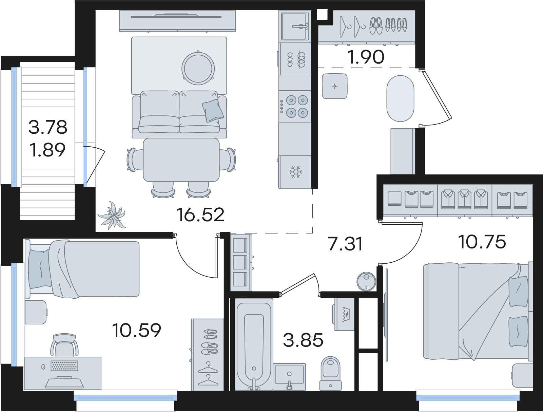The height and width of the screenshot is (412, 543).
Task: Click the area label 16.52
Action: (x=200, y=215)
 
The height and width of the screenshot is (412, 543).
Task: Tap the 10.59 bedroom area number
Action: (x=136, y=330)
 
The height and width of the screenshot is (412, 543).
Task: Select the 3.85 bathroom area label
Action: (x=303, y=340)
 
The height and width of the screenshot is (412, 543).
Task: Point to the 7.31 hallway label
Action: (x=345, y=244)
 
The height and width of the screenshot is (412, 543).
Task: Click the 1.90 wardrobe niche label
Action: (x=366, y=57)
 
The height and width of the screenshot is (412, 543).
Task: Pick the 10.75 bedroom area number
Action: (x=482, y=242)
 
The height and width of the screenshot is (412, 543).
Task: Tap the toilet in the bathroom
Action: (x=330, y=374)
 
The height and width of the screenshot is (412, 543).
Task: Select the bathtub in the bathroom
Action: (x=254, y=344)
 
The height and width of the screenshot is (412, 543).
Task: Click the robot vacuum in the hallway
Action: (x=366, y=282)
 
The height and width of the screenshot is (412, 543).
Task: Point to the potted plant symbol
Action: (x=112, y=215)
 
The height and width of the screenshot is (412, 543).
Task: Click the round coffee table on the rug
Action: (x=198, y=68)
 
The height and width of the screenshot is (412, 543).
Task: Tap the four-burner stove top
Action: (x=295, y=107)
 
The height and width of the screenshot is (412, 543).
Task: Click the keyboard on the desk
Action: (x=64, y=366)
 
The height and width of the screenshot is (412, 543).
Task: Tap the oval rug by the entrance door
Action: (x=400, y=98)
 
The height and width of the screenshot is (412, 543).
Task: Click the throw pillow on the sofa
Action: (x=213, y=111)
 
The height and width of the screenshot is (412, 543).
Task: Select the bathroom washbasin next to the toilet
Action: (x=289, y=377)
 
